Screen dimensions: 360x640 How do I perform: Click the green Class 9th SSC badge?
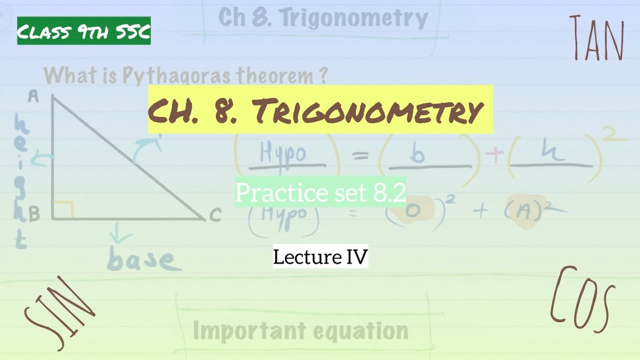[84, 31]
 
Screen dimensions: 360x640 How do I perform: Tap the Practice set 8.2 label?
[320, 192]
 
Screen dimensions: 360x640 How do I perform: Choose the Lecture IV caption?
[320, 257]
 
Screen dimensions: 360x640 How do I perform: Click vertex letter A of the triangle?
[33, 96]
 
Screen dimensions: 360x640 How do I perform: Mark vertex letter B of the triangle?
[34, 215]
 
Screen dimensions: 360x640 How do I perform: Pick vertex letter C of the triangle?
[215, 215]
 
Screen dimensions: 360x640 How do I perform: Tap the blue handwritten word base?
[141, 260]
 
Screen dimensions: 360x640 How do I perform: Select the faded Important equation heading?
[300, 330]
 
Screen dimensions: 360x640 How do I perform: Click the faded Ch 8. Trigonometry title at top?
[323, 18]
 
